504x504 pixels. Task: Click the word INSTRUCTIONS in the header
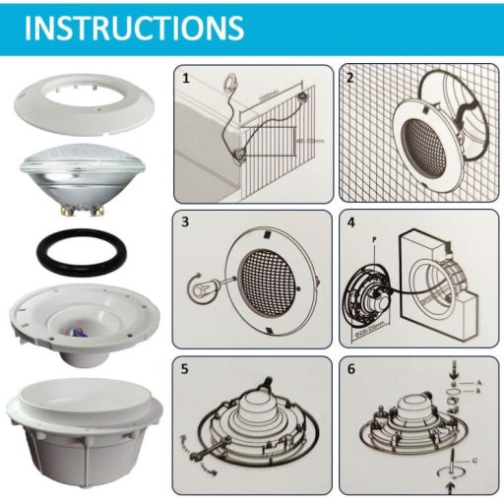coord(134,27)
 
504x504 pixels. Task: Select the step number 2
coord(349,76)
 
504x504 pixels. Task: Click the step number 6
coord(349,368)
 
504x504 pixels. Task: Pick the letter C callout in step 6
coord(474,459)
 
